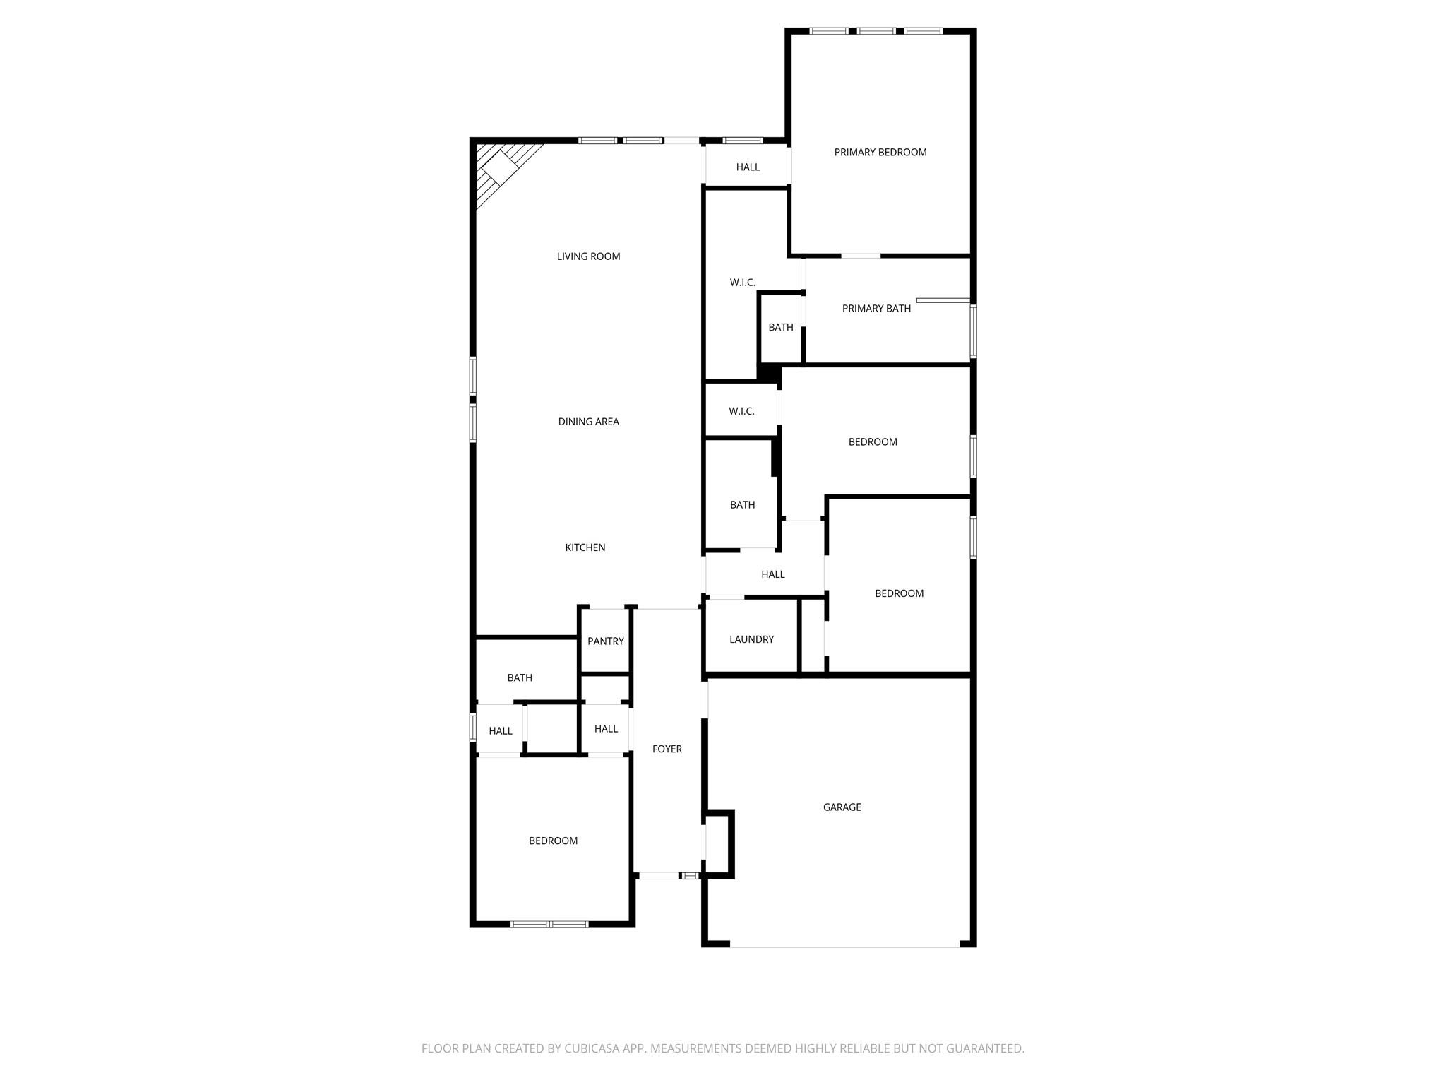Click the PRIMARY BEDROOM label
(880, 152)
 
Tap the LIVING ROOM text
(588, 256)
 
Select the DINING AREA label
(588, 422)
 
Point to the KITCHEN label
(585, 547)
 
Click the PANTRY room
(605, 641)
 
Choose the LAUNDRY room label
(751, 639)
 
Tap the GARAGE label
(842, 807)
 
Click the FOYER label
(667, 749)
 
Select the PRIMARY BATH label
(876, 309)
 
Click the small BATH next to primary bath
(780, 327)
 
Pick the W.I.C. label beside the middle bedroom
(741, 411)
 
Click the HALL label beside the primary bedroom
(748, 167)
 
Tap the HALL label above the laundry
(772, 574)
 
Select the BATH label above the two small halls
(520, 677)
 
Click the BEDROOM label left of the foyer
(553, 841)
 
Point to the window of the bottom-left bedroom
(549, 923)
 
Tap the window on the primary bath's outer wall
(973, 331)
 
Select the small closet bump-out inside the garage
(718, 844)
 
